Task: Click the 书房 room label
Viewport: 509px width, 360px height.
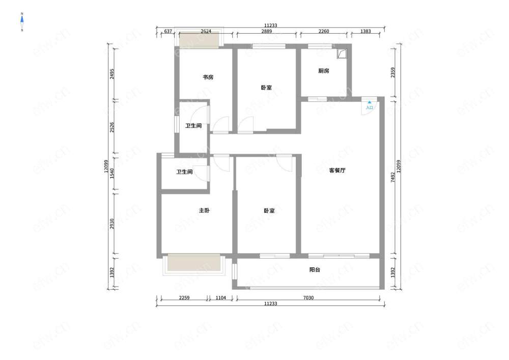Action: click(x=208, y=77)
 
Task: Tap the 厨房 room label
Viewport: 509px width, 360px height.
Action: click(x=324, y=71)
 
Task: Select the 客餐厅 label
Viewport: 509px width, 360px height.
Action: click(x=337, y=171)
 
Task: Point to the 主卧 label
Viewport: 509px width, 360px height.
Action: click(x=204, y=211)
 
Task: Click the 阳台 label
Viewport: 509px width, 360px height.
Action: click(x=315, y=270)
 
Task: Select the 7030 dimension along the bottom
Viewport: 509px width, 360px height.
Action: click(x=308, y=298)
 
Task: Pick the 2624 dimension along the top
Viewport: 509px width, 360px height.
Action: click(x=206, y=31)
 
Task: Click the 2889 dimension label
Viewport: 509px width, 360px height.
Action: click(x=267, y=31)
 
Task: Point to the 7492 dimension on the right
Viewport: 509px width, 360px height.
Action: click(x=393, y=177)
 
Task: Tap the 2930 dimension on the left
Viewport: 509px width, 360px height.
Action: click(x=112, y=224)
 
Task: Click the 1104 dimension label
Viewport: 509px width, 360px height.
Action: click(x=221, y=298)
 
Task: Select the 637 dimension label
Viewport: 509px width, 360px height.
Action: click(x=168, y=31)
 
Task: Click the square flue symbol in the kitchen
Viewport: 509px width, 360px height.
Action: click(x=342, y=54)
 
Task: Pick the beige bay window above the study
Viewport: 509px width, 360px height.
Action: click(x=199, y=40)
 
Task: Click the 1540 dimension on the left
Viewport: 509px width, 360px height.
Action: click(x=112, y=173)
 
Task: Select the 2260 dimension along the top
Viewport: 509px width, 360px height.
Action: click(x=324, y=31)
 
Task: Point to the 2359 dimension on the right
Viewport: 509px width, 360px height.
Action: click(x=393, y=72)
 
